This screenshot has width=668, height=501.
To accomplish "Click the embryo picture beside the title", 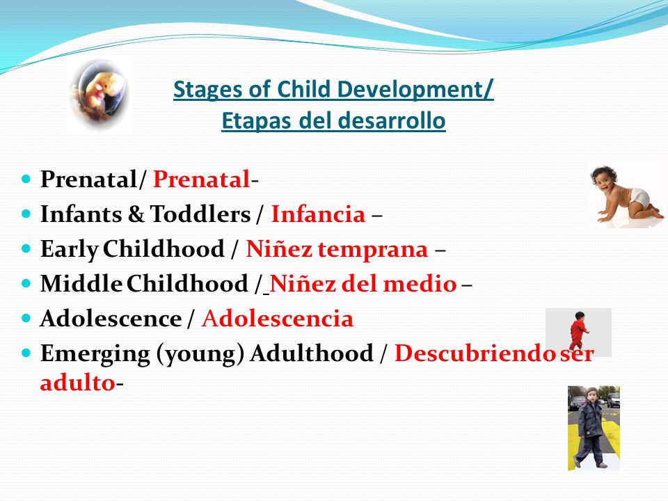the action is [100, 95].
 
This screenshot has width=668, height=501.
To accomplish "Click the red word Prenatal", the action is [201, 179].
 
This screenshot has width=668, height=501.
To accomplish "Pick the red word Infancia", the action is [318, 214].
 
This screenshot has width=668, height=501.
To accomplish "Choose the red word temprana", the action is [373, 250].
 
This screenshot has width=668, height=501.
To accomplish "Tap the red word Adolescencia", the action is [278, 319].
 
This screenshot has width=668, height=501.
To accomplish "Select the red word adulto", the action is [77, 383].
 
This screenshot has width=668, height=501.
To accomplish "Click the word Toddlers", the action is [200, 214].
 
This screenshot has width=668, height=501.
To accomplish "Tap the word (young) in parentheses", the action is [200, 354].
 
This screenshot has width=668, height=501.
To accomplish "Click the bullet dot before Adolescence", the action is [26, 318].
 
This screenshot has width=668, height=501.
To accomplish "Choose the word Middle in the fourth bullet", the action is [81, 284].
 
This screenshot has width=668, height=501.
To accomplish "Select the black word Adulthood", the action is [312, 353].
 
